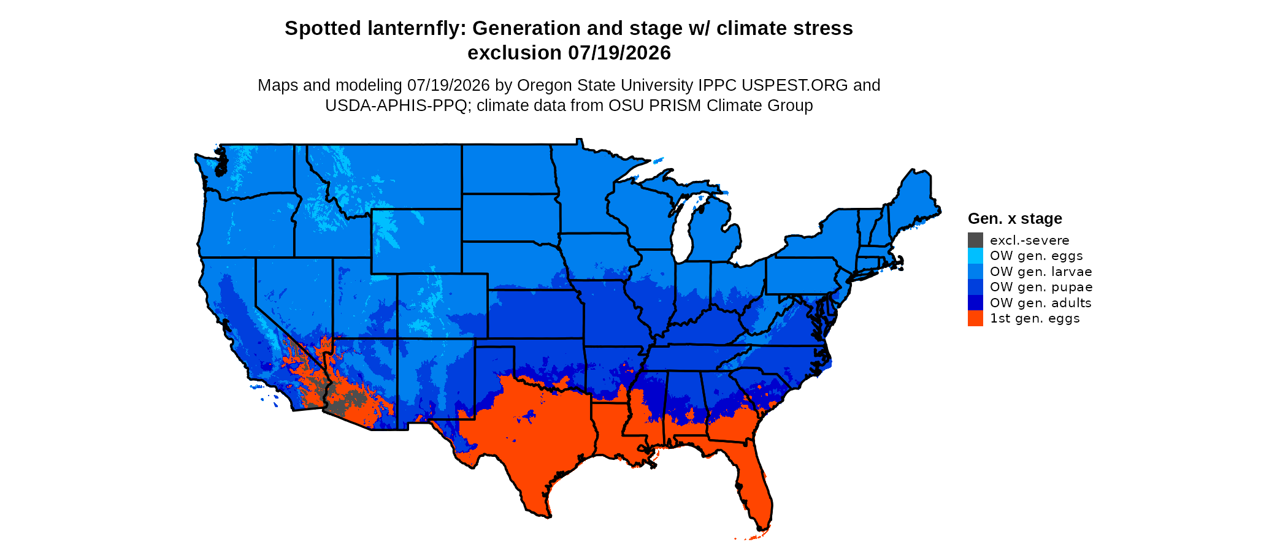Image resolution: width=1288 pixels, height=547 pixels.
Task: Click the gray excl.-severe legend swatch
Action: (975, 240)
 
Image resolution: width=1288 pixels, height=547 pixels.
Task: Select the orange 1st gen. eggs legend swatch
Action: (975, 318)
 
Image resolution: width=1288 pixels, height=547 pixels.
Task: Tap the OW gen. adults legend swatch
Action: (975, 303)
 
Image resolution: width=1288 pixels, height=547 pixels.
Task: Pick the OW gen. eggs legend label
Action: (1036, 256)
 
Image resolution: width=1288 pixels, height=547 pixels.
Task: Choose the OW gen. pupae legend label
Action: (1041, 287)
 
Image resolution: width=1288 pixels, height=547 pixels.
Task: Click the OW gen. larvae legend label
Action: (1041, 272)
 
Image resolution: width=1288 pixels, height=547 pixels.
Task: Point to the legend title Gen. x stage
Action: (1015, 218)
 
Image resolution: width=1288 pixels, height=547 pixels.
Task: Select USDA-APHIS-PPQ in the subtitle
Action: (396, 105)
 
